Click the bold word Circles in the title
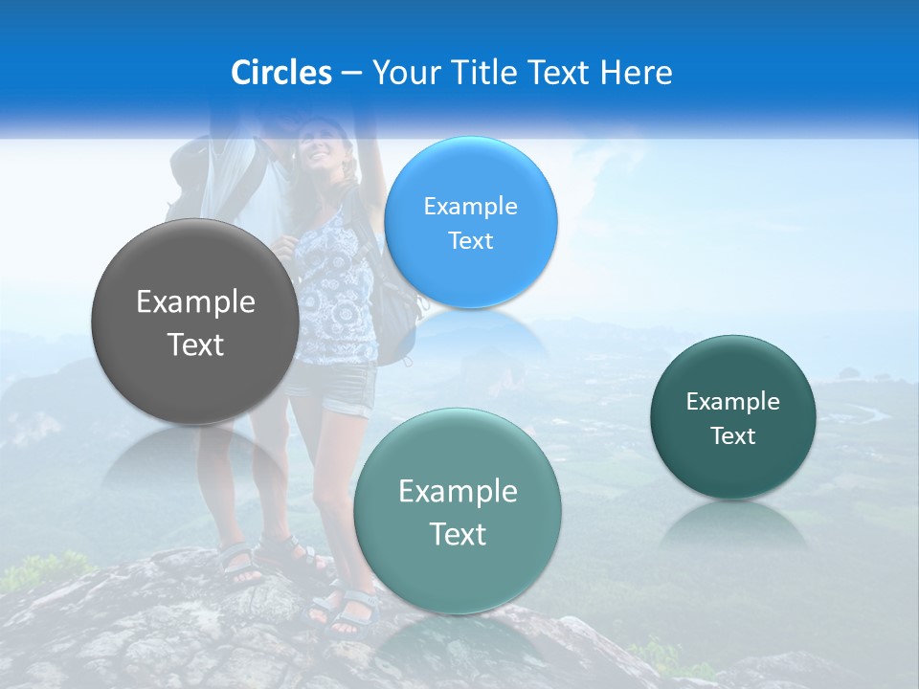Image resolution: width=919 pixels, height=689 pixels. point(280,73)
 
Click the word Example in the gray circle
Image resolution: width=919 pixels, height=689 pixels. point(195,302)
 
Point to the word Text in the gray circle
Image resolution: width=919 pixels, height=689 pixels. point(195,344)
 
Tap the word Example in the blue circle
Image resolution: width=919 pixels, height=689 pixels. point(470,207)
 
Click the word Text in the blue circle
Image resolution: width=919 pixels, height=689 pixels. point(470,241)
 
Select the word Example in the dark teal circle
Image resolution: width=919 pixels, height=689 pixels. point(732,402)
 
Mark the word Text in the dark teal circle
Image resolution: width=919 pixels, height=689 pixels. point(732,436)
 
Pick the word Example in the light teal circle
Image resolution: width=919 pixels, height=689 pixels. point(458,492)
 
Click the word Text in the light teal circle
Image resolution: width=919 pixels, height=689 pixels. point(458,534)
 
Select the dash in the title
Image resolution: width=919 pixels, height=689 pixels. point(350,74)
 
